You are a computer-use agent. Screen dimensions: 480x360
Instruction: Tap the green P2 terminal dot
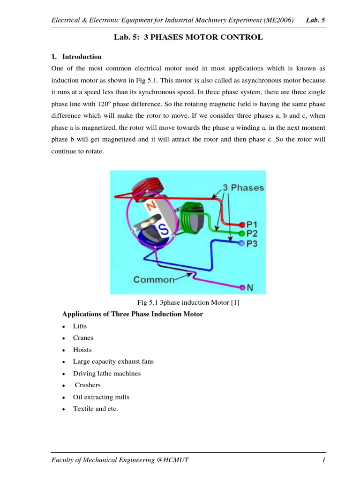click(x=242, y=233)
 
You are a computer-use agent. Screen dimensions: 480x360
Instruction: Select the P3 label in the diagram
click(x=253, y=243)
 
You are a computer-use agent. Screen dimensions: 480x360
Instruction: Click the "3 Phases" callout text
click(x=244, y=187)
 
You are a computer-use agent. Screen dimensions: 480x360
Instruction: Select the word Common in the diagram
click(x=154, y=280)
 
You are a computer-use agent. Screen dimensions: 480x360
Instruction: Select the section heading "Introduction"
click(x=82, y=57)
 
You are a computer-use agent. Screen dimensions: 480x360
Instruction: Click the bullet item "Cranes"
click(x=83, y=338)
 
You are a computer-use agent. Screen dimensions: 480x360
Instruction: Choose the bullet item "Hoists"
click(x=82, y=350)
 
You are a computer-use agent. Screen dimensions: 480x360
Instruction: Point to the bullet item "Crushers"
click(x=88, y=385)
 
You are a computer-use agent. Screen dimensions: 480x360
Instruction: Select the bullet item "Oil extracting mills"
click(x=101, y=397)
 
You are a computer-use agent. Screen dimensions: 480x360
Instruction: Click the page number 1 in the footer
click(x=323, y=461)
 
